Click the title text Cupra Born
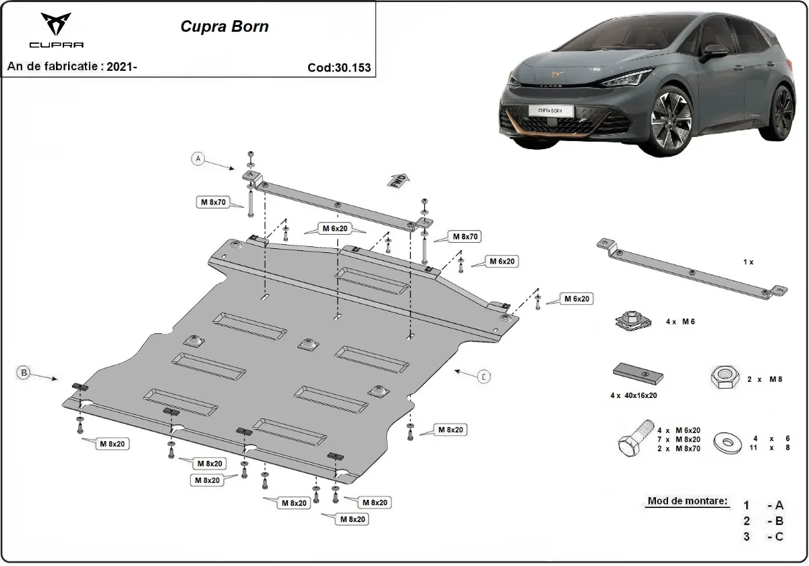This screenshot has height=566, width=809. click(224, 27)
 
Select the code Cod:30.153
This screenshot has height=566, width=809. click(339, 67)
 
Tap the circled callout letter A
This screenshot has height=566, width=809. click(198, 159)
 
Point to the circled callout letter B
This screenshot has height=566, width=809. click(24, 372)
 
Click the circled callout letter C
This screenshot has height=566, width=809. click(483, 376)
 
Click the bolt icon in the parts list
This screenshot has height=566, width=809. click(634, 438)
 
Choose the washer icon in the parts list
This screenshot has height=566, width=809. click(728, 443)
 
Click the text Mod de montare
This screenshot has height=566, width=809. click(688, 501)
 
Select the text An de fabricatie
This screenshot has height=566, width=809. click(55, 67)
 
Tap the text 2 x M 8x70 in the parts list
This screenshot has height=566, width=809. click(679, 448)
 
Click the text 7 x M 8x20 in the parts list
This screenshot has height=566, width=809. click(679, 439)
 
